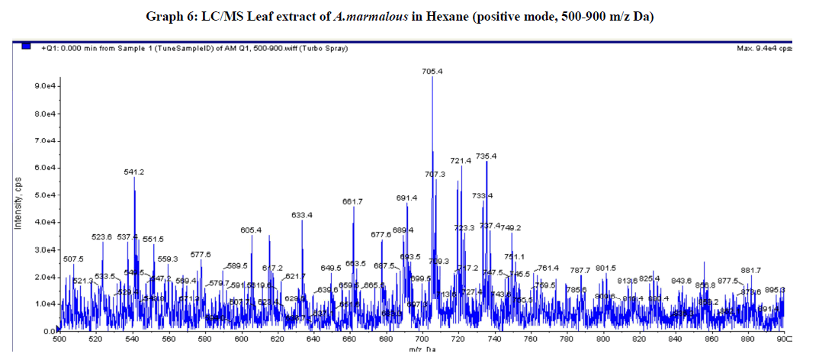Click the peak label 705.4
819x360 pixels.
(432, 71)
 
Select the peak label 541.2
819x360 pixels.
(134, 172)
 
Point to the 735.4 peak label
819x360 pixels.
(487, 156)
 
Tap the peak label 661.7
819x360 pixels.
(352, 201)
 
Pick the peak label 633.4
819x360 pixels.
(302, 215)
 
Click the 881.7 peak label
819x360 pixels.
(751, 270)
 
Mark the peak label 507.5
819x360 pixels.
(73, 259)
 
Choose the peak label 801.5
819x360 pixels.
(605, 268)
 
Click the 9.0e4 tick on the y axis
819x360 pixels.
(43, 86)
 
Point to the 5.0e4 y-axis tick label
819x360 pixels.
(43, 195)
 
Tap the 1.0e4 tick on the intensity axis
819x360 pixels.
(43, 304)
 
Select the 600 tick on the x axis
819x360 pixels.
(242, 339)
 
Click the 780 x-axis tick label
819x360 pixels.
(567, 339)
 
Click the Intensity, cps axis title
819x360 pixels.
(17, 204)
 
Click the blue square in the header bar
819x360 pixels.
(27, 47)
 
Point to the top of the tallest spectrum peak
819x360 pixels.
(432, 78)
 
